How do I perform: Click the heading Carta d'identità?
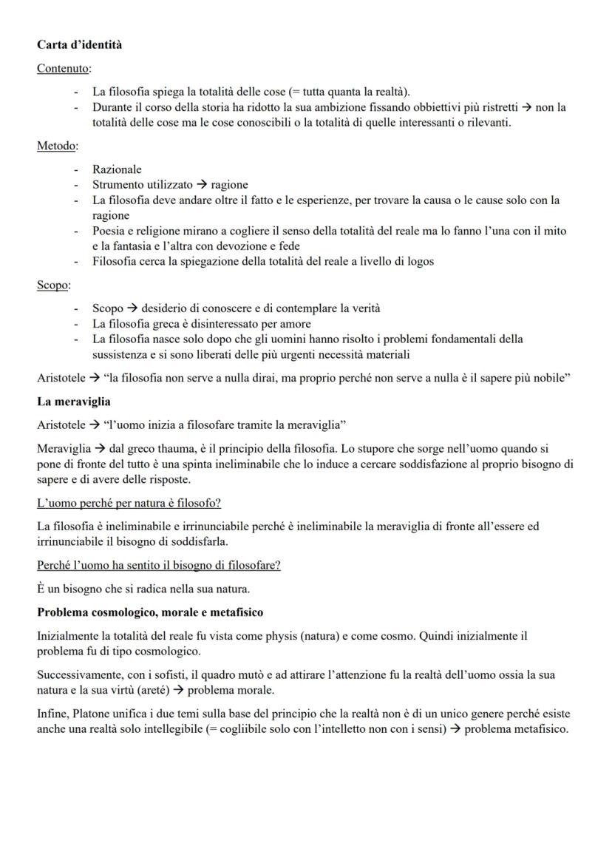tap(80, 44)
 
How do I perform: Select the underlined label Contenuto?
tap(63, 69)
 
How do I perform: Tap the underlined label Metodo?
tap(56, 146)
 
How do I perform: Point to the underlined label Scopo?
tap(52, 285)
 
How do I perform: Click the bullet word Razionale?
tap(117, 169)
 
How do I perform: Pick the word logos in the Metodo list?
tap(419, 261)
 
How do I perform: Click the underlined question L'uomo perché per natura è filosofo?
tap(129, 503)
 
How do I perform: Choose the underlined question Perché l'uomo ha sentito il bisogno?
tap(158, 565)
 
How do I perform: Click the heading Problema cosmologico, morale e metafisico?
tap(150, 612)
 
